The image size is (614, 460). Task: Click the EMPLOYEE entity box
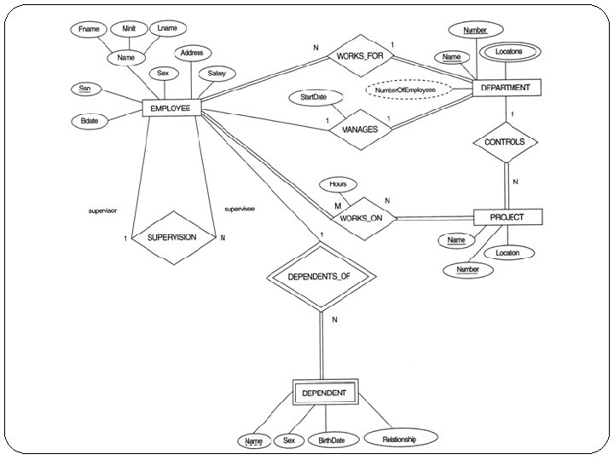pyautogui.click(x=171, y=107)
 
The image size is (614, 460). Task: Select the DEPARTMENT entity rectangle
pyautogui.click(x=506, y=88)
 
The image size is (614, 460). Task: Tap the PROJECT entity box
pyautogui.click(x=507, y=217)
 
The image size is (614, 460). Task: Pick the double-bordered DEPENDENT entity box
pyautogui.click(x=323, y=393)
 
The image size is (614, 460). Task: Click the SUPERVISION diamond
pyautogui.click(x=172, y=237)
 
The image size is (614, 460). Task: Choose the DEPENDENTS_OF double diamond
pyautogui.click(x=319, y=276)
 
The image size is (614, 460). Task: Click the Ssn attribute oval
pyautogui.click(x=87, y=90)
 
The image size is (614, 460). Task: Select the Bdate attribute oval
pyautogui.click(x=89, y=121)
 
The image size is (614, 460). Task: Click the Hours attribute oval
pyautogui.click(x=338, y=184)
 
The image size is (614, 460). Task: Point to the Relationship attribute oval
pyautogui.click(x=400, y=438)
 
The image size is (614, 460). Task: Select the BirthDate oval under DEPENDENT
pyautogui.click(x=331, y=440)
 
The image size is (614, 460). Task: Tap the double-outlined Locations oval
pyautogui.click(x=514, y=52)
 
